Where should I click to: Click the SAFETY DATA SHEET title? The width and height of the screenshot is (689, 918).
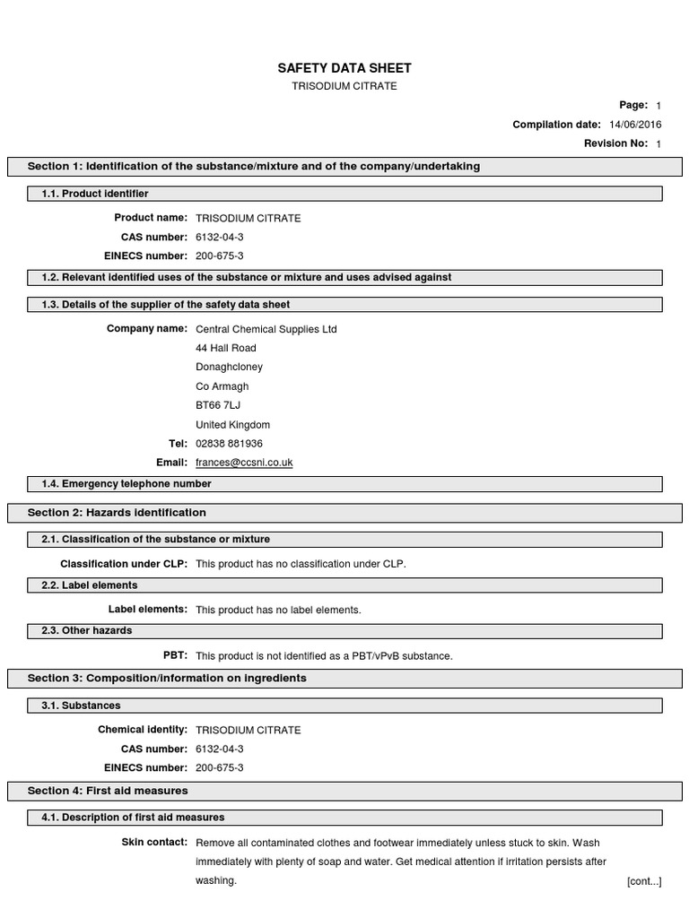pyautogui.click(x=344, y=68)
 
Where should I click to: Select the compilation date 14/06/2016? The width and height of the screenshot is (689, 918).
pyautogui.click(x=635, y=125)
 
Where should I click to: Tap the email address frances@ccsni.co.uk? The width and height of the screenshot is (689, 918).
pyautogui.click(x=244, y=463)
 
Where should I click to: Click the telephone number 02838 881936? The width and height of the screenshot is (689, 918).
pyautogui.click(x=229, y=444)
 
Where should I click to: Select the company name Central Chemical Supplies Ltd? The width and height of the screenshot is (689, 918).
pyautogui.click(x=266, y=329)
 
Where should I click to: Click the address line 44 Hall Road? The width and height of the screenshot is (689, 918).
pyautogui.click(x=225, y=348)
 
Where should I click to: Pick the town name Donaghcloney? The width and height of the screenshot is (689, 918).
pyautogui.click(x=229, y=367)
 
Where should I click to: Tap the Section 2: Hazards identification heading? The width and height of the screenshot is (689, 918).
pyautogui.click(x=117, y=513)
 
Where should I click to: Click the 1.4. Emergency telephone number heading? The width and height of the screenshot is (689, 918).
pyautogui.click(x=126, y=484)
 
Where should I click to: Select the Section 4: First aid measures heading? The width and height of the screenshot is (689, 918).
pyautogui.click(x=108, y=791)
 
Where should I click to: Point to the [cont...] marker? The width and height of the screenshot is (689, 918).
pyautogui.click(x=643, y=882)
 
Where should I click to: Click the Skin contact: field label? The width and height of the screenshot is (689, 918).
pyautogui.click(x=154, y=843)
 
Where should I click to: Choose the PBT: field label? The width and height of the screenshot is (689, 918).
pyautogui.click(x=175, y=655)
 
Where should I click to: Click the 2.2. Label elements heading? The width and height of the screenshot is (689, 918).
pyautogui.click(x=90, y=585)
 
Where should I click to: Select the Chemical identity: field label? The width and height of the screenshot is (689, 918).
pyautogui.click(x=143, y=730)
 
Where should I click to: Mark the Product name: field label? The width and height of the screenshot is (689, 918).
pyautogui.click(x=151, y=218)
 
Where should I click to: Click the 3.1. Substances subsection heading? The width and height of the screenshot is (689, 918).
pyautogui.click(x=81, y=706)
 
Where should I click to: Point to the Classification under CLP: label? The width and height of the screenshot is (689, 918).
pyautogui.click(x=124, y=564)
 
